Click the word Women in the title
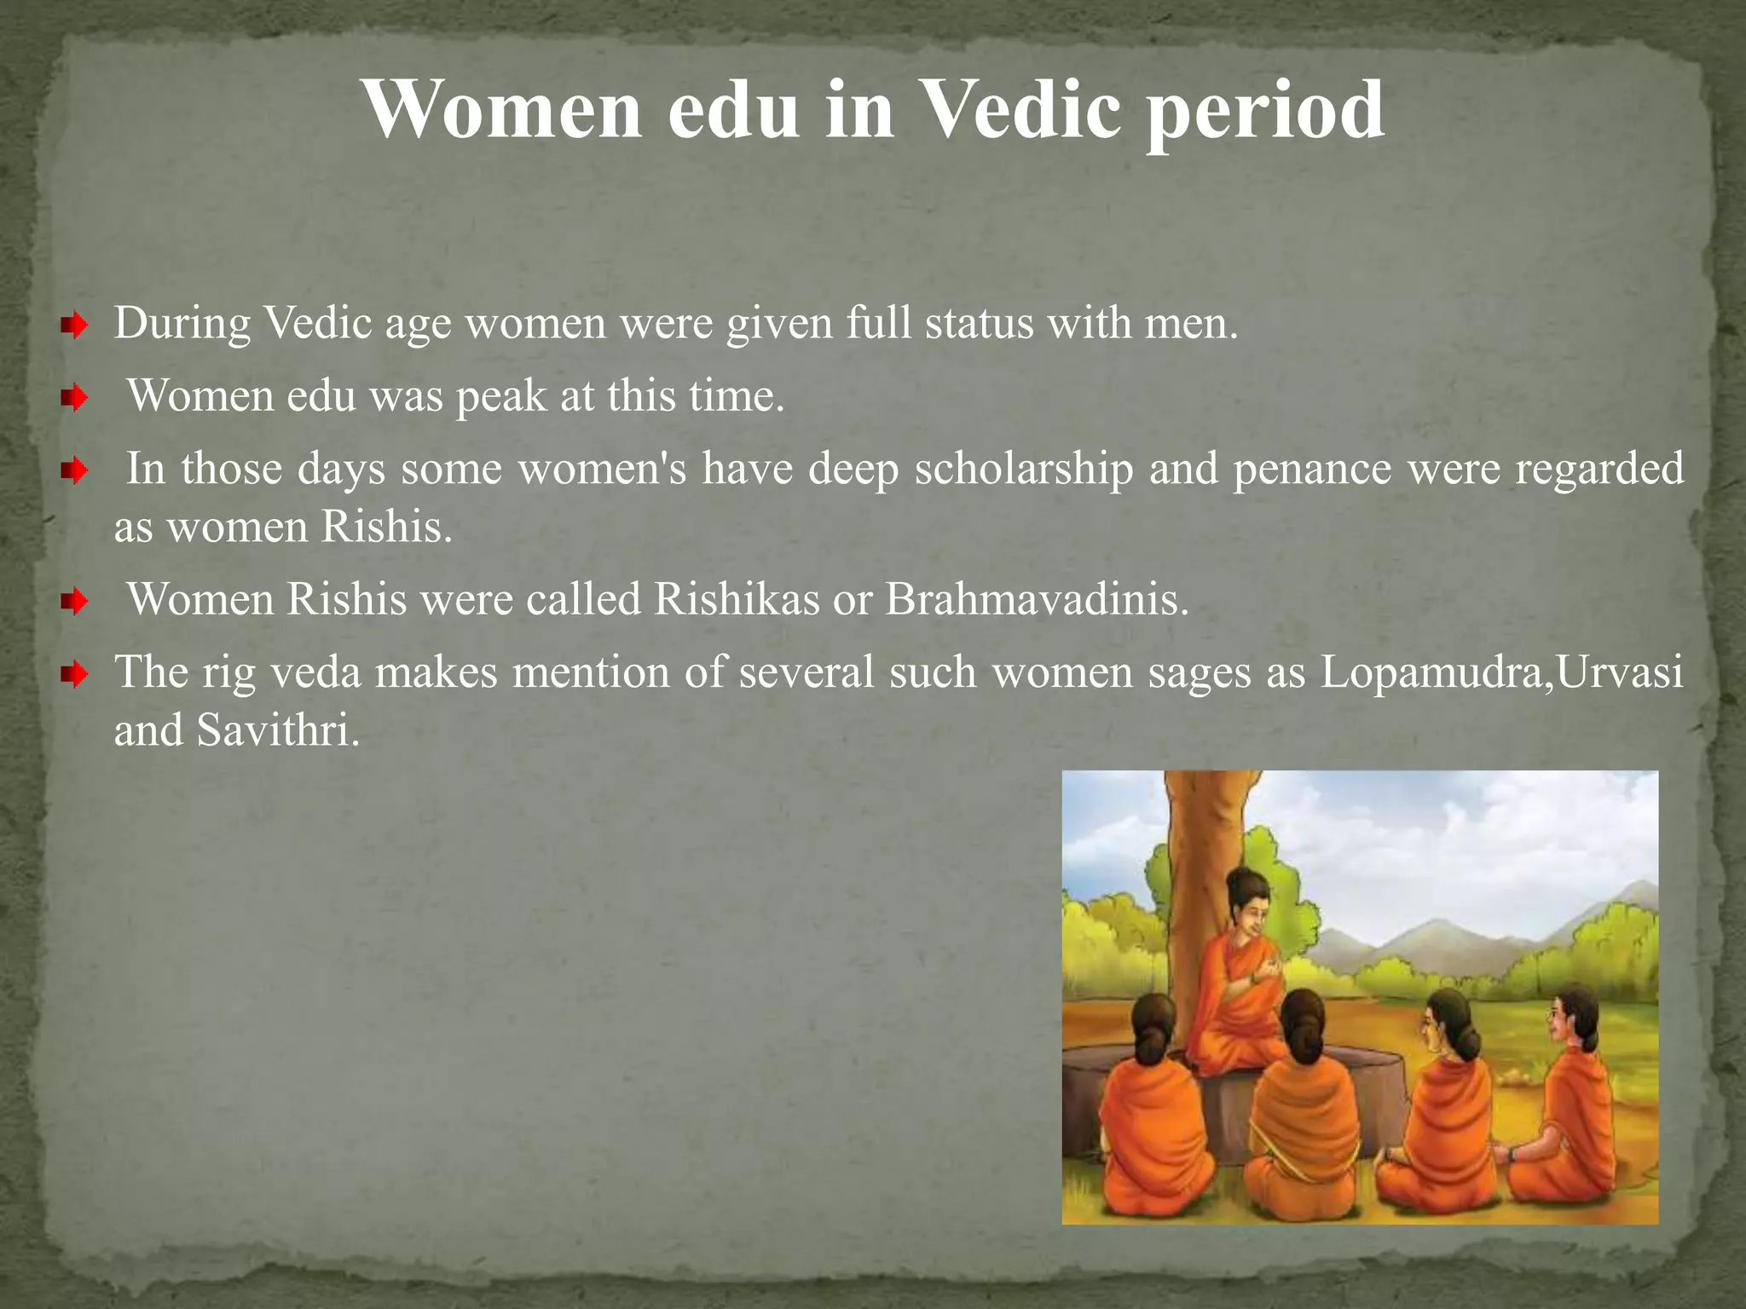[501, 111]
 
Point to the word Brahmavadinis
[1036, 599]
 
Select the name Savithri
[278, 730]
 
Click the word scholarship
[1023, 470]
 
